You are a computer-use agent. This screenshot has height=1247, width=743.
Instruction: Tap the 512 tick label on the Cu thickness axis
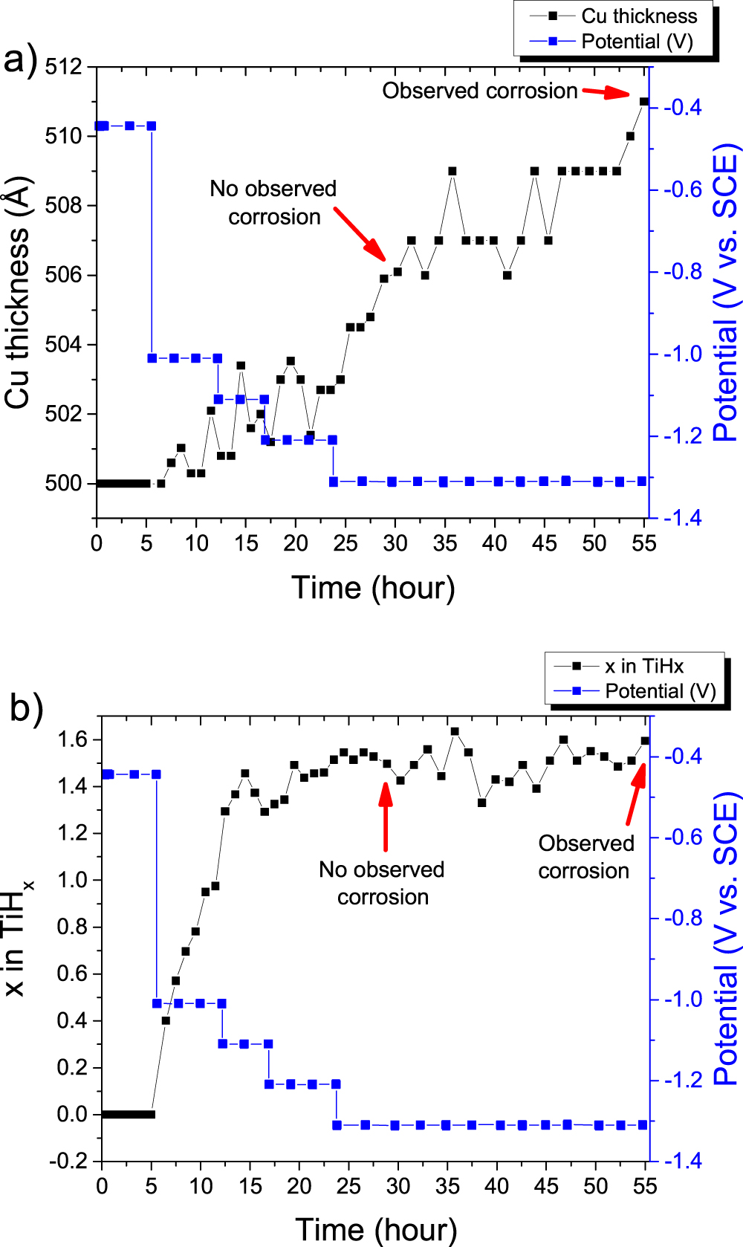click(x=64, y=67)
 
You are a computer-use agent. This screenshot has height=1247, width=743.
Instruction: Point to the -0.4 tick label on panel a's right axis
click(x=682, y=107)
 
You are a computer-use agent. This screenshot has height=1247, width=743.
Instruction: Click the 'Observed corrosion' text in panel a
click(x=479, y=91)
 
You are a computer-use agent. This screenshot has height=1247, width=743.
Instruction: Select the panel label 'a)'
click(x=21, y=59)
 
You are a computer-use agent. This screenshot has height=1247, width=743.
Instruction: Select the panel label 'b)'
click(x=27, y=707)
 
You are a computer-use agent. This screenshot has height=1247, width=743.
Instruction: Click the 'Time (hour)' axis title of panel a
click(x=373, y=587)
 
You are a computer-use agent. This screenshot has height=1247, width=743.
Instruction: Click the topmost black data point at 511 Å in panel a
click(x=643, y=101)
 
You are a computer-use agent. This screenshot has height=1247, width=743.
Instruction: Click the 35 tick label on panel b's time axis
click(x=447, y=1186)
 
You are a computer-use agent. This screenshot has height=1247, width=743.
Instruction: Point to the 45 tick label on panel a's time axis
click(x=544, y=543)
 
